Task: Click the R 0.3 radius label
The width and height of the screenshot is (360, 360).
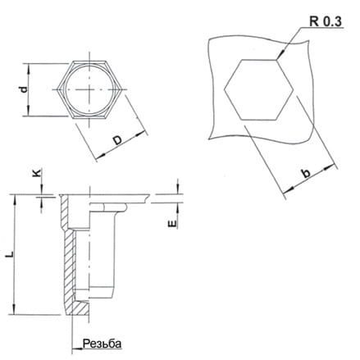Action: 326,21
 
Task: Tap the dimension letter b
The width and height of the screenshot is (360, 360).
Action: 307,173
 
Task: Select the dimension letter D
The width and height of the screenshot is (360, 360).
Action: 118,140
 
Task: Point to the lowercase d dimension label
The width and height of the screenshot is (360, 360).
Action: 25,89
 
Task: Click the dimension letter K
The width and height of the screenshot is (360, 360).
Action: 37,172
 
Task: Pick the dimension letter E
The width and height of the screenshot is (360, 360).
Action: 172,224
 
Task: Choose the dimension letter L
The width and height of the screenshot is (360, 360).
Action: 11,254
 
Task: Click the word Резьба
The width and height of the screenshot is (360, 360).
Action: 102,344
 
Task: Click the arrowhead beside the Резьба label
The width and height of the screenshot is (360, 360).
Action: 77,349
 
